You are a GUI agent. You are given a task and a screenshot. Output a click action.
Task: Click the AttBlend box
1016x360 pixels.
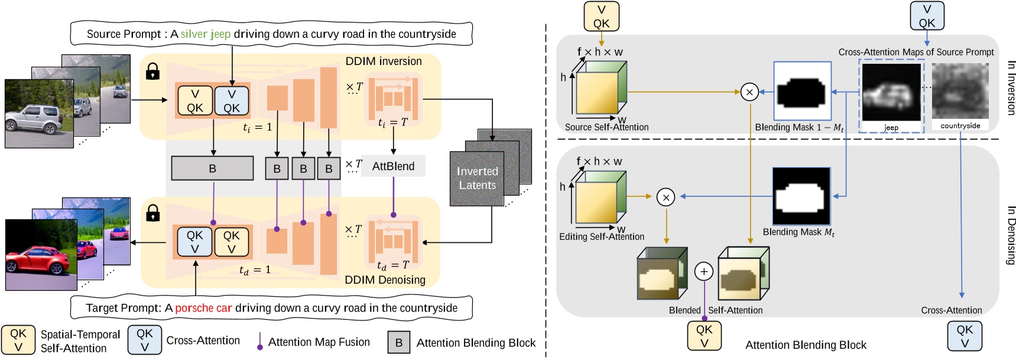[x=393, y=167]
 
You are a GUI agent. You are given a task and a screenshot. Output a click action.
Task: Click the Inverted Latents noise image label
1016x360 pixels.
[x=477, y=179]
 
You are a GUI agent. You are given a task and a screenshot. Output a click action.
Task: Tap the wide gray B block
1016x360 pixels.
[x=212, y=168]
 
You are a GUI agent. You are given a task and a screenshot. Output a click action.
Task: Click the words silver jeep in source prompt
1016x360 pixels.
[x=205, y=34]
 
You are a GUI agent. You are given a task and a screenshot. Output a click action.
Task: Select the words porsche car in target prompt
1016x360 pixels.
[x=203, y=308]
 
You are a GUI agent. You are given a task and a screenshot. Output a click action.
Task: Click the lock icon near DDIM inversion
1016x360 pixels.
[x=152, y=72]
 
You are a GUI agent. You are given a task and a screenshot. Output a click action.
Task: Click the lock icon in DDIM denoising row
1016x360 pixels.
[x=152, y=213]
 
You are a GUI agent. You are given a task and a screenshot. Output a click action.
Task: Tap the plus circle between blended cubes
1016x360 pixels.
[x=703, y=271]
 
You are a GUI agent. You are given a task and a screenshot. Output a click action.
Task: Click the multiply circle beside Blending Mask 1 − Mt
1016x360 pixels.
[x=749, y=92]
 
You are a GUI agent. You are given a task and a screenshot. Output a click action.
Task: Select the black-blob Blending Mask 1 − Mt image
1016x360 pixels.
[x=802, y=92]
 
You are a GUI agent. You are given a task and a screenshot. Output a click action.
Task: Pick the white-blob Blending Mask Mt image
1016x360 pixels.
[x=801, y=196]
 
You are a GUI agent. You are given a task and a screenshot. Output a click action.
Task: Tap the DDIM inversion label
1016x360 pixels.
[x=383, y=61]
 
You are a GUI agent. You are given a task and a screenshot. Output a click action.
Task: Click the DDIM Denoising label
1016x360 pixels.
[x=385, y=280]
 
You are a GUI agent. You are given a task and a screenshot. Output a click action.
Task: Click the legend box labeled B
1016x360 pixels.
[x=399, y=343]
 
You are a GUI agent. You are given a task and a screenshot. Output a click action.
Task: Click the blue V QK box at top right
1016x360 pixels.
[x=927, y=16]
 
